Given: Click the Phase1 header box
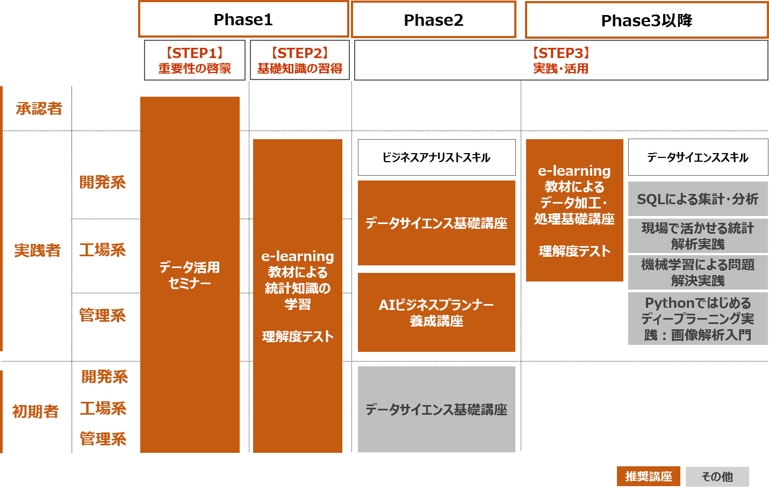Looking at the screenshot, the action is tap(243, 19).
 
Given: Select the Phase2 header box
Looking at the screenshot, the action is tap(434, 20).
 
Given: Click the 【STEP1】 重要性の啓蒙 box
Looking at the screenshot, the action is tap(195, 60).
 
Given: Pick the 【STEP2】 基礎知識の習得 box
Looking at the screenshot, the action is tap(300, 60).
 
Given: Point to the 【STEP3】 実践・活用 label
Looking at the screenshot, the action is tap(560, 61).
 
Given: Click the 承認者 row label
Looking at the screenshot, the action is tap(39, 109).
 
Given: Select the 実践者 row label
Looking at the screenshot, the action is tap(37, 250).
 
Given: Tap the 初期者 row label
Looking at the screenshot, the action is tap(35, 411).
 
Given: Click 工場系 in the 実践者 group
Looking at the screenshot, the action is tap(102, 250).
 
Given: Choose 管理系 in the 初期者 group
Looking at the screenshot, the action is tap(103, 439).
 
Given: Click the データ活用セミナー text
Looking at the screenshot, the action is tap(190, 275).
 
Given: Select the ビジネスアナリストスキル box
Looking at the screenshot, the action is tap(437, 157).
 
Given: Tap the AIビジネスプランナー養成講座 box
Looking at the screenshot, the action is tap(437, 312).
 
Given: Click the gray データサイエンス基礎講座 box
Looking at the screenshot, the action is tap(437, 409).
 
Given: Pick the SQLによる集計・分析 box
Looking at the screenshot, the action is tap(698, 199).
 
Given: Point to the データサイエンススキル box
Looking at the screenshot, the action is tap(698, 157).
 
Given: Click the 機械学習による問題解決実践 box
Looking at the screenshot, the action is tap(698, 272).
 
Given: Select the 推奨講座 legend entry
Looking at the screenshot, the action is tap(649, 476).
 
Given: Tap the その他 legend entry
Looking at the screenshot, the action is tap(717, 476).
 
